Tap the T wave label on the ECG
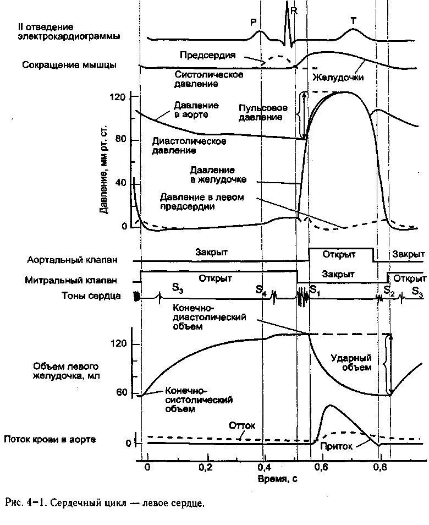[353, 20]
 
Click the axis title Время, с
[278, 479]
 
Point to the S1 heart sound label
[315, 289]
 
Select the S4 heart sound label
[261, 289]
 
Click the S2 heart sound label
[389, 290]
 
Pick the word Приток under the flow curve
[337, 447]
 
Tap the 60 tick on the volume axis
[122, 392]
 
